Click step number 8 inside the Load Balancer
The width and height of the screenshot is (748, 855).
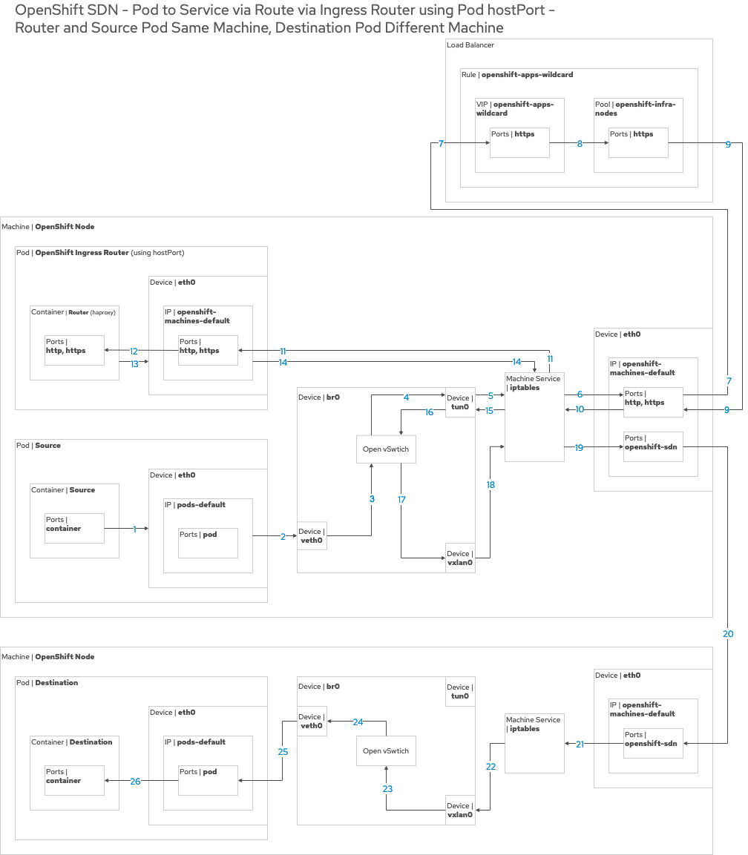tap(580, 144)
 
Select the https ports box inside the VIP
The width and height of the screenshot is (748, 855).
tap(519, 142)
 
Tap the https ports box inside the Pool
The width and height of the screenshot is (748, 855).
tap(638, 142)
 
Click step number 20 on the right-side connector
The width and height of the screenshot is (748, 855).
tap(728, 634)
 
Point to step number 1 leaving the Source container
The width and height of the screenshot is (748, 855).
tap(135, 529)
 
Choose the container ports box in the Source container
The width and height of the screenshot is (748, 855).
tap(74, 528)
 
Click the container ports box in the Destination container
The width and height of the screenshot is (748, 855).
tap(74, 780)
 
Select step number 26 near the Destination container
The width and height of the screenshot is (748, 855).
tap(135, 781)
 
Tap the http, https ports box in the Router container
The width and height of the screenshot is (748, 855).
tap(74, 350)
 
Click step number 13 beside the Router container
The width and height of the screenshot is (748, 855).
tap(134, 363)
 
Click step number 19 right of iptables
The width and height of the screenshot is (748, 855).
tap(579, 447)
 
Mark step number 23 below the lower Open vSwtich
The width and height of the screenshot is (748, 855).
tap(387, 789)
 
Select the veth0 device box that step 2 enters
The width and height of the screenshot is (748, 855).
tap(312, 535)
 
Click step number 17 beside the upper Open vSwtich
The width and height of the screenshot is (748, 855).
tap(401, 499)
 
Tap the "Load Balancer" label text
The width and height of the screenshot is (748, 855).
tap(470, 45)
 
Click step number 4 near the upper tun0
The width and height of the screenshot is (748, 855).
tap(406, 397)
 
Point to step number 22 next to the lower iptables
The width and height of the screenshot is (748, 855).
tap(491, 766)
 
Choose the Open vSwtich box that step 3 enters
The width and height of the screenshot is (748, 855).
tap(386, 449)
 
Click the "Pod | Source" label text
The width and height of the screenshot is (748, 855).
tap(39, 446)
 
